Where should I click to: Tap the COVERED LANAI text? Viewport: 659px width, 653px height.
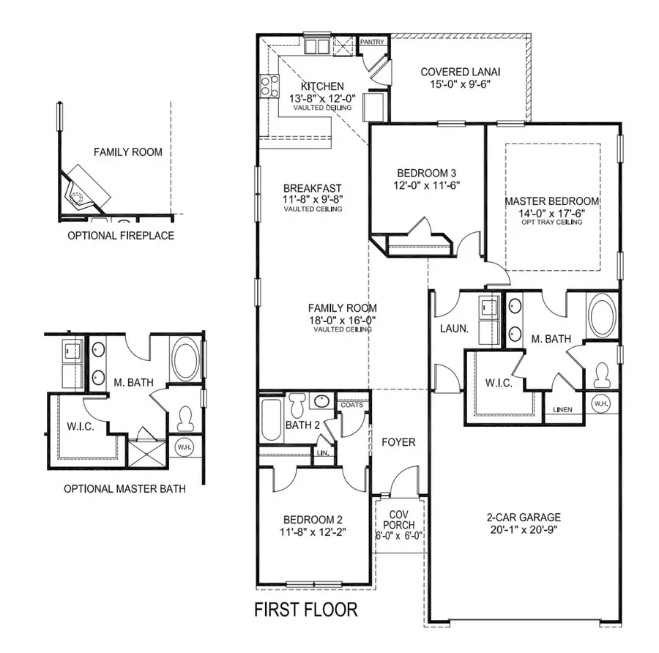pos(460,72)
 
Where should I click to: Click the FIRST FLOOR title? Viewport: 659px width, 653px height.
pos(305,609)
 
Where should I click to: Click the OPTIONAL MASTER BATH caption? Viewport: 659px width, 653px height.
pos(124,489)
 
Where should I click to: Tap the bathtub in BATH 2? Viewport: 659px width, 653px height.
pos(270,419)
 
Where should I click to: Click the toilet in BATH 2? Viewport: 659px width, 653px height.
pos(297,404)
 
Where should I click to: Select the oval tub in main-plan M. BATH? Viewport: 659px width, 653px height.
pos(602,316)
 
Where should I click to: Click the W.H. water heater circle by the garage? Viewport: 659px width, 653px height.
pos(601,403)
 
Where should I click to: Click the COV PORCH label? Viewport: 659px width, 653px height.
pos(401,520)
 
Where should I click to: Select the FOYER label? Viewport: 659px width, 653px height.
pos(399,442)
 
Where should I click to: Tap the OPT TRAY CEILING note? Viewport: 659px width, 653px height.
pos(553,222)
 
